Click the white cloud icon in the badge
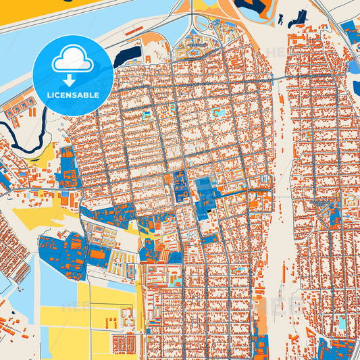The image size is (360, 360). (x=72, y=59)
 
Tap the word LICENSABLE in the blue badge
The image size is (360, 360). (x=72, y=95)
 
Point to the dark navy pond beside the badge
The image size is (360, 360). (x=128, y=55)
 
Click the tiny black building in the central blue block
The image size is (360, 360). (x=209, y=211)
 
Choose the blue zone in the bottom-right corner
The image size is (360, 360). (x=338, y=348)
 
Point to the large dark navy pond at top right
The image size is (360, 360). (x=253, y=9)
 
